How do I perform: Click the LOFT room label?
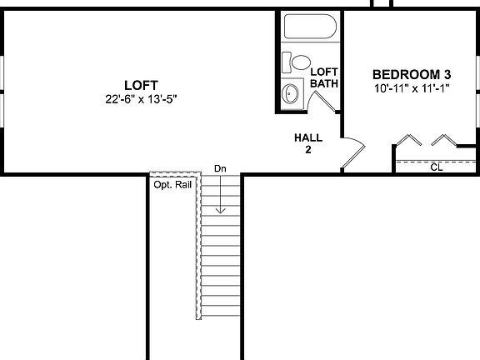[140, 84]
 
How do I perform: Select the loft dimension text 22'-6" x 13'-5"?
[140, 98]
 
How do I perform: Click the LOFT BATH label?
[323, 77]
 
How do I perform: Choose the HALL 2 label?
[307, 143]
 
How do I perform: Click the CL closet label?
[436, 167]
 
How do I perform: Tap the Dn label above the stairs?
[220, 169]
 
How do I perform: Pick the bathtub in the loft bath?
[309, 27]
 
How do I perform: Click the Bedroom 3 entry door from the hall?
[354, 154]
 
